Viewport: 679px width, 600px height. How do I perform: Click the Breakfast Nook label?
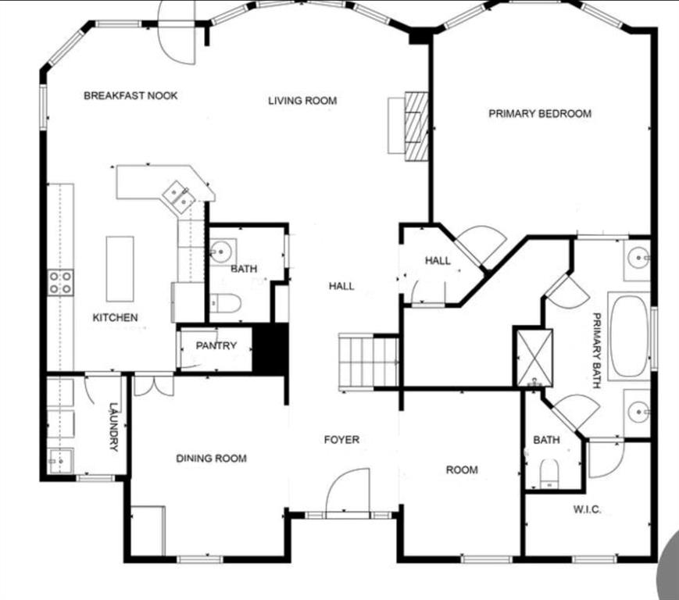click(x=130, y=95)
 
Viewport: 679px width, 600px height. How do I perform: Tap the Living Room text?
click(x=302, y=101)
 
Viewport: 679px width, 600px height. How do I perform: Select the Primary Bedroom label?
click(x=540, y=113)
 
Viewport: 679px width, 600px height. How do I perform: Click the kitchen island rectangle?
click(x=120, y=269)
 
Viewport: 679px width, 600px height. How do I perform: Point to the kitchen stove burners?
click(x=60, y=282)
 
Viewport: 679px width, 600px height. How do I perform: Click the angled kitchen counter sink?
click(x=178, y=197)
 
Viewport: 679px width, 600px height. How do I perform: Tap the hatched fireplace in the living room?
click(x=416, y=126)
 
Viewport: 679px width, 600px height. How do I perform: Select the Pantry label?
click(x=216, y=345)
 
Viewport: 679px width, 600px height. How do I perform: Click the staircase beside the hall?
click(x=369, y=362)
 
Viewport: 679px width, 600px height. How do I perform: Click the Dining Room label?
click(x=211, y=459)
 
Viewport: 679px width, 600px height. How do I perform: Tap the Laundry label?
click(x=113, y=427)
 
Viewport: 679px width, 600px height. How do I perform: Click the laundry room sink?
click(x=60, y=462)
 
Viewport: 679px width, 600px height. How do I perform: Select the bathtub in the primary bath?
click(x=629, y=336)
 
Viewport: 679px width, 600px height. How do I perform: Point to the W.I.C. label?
click(x=588, y=509)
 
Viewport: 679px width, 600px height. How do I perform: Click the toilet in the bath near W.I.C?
click(x=549, y=474)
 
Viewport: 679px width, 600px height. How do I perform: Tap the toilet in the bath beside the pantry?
click(x=225, y=303)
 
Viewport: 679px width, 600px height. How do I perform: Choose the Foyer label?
click(x=341, y=440)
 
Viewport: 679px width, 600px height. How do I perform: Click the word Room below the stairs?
click(x=462, y=470)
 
